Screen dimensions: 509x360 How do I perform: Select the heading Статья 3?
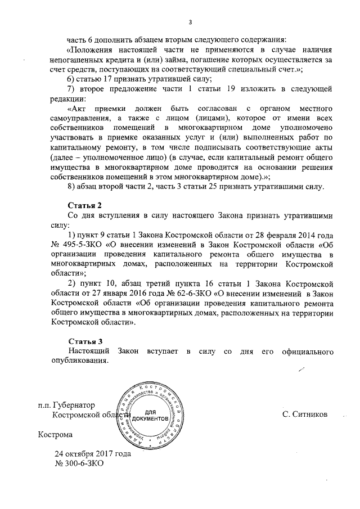pos(85,341)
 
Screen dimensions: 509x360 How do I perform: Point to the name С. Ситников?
pos(305,415)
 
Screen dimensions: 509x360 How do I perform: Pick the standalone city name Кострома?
pos(55,434)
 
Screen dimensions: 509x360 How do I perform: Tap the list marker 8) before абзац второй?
pos(71,186)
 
